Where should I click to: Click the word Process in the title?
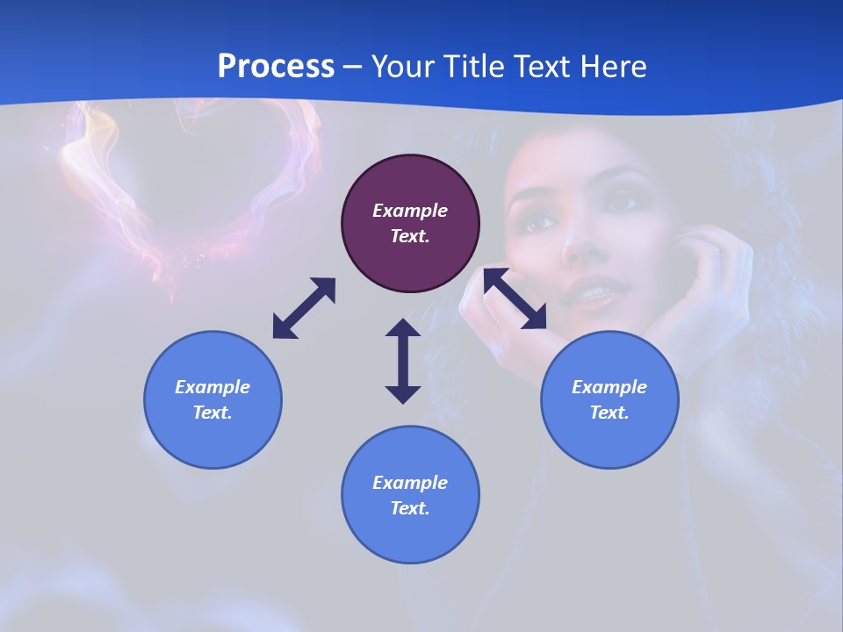[276, 66]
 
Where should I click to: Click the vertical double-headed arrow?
[403, 361]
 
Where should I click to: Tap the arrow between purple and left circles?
[304, 308]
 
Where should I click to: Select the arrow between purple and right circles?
[515, 298]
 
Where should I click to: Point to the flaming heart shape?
[189, 176]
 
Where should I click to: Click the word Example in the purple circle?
[410, 211]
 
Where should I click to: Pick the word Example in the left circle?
[213, 387]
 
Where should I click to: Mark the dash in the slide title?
[353, 67]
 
